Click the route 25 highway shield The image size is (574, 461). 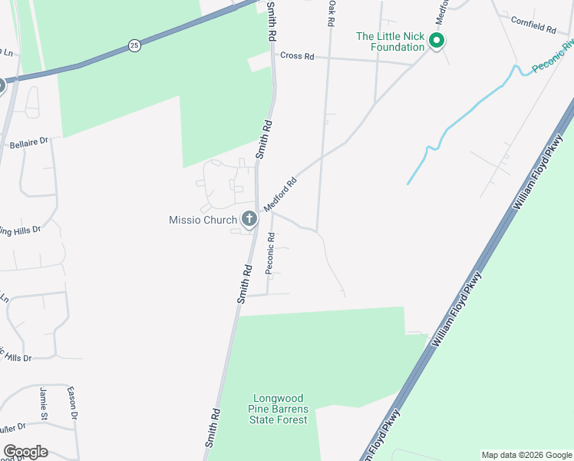click(x=134, y=45)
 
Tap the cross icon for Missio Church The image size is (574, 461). click(x=249, y=220)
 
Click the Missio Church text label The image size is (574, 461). click(x=203, y=221)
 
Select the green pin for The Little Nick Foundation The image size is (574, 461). click(x=436, y=40)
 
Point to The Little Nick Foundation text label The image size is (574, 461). click(x=390, y=41)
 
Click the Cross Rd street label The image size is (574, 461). click(x=298, y=56)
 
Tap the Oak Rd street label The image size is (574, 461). click(x=332, y=14)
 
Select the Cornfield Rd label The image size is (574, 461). click(x=533, y=28)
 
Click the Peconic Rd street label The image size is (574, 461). click(x=270, y=254)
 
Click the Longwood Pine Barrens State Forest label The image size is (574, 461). click(x=278, y=409)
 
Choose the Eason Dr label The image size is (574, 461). click(x=72, y=403)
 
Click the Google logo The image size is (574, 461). click(x=25, y=452)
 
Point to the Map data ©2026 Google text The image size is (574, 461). click(x=526, y=455)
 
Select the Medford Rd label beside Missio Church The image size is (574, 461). click(x=280, y=196)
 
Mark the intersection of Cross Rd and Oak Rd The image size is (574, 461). click(x=329, y=58)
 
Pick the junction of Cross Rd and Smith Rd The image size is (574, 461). click(x=273, y=55)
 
